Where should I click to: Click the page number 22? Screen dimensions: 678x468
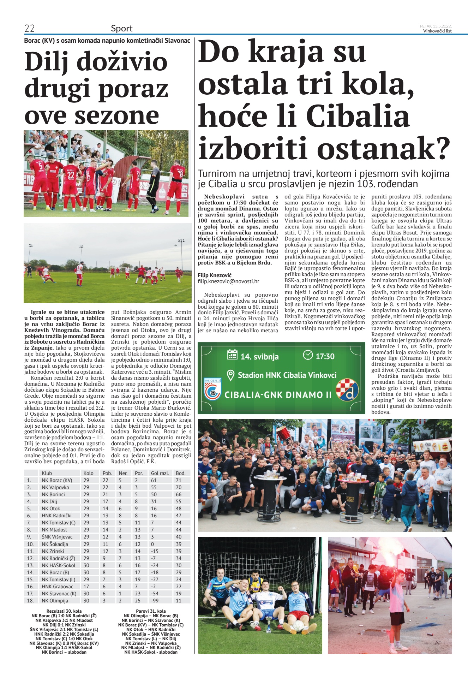[x=29, y=28]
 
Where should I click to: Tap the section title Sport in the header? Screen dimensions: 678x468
[x=121, y=28]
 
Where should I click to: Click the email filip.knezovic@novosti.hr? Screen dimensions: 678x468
[x=228, y=281]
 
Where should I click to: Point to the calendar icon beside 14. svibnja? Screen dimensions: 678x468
[x=232, y=355]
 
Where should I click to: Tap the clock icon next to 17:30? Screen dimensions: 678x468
[x=308, y=355]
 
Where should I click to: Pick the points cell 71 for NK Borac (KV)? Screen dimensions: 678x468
[x=179, y=480]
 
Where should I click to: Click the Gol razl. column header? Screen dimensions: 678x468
[x=160, y=473]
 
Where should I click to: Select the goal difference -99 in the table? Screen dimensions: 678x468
[x=155, y=601]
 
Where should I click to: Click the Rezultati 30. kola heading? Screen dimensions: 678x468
[x=64, y=611]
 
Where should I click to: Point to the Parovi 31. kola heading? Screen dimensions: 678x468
[x=151, y=611]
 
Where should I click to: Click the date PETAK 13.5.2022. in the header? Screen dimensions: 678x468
[x=436, y=26]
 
